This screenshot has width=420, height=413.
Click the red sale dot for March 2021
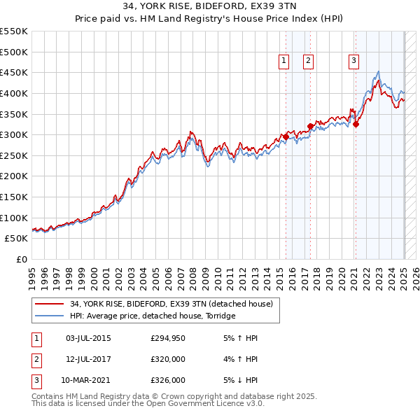pos(356,125)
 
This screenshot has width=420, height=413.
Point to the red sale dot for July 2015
pos(286,137)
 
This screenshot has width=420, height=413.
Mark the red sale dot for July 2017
pos(310,127)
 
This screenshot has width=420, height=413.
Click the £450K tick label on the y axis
pos(14,72)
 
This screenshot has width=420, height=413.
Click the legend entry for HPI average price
pos(152,316)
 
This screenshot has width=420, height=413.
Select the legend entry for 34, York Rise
pos(174,304)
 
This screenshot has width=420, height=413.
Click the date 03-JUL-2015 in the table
pos(88,338)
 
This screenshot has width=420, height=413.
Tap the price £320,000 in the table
pos(168,359)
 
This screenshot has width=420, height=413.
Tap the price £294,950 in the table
pos(168,338)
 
